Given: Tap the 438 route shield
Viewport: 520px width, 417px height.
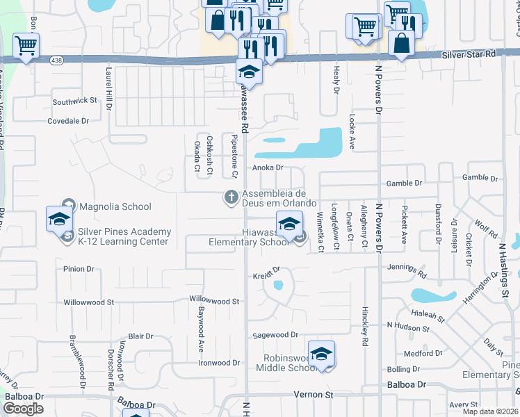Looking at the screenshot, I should pos(53,60).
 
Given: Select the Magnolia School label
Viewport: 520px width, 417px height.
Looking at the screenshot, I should pos(115,206).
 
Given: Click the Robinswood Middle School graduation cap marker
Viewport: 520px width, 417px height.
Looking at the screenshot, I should pos(321,354).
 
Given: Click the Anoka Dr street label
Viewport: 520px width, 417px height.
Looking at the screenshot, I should pos(268,167).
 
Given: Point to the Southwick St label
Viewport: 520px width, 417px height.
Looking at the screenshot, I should pos(74,101).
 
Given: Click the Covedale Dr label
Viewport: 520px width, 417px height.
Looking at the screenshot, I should pos(69,121).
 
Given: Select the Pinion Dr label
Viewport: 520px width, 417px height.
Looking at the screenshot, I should pos(78,269).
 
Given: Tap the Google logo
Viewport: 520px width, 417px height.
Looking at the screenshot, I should pos(24,409).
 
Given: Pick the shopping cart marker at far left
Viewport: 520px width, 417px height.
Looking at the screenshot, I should pos(26,47).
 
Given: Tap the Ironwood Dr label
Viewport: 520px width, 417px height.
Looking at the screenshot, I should pos(219,363).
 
